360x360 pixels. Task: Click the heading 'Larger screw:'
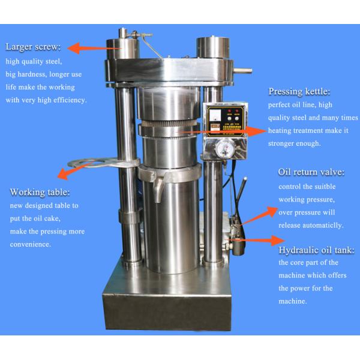click(x=33, y=47)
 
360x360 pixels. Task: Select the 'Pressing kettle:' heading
click(x=299, y=92)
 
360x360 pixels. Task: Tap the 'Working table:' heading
click(x=40, y=192)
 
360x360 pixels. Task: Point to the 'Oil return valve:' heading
click(x=311, y=172)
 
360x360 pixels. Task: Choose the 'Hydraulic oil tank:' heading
click(x=316, y=250)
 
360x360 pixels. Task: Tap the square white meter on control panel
click(x=215, y=115)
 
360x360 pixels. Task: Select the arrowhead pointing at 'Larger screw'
click(x=74, y=48)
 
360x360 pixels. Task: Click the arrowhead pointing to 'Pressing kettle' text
click(x=256, y=131)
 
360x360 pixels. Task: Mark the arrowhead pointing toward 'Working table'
click(x=62, y=174)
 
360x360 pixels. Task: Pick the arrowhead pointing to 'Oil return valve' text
click(x=272, y=211)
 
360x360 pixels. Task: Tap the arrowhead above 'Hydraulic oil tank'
click(x=278, y=241)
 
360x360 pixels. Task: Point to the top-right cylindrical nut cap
click(x=212, y=48)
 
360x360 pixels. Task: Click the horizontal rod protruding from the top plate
click(x=242, y=71)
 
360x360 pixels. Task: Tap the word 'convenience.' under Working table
click(x=30, y=244)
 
